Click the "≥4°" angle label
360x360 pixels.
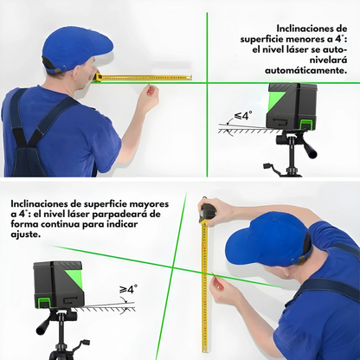click(128, 289)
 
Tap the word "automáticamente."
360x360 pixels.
click(305, 70)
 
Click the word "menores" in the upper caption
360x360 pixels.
click(306, 40)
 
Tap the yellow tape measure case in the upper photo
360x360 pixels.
click(98, 77)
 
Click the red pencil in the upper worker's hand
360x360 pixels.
click(151, 90)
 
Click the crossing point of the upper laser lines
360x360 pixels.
click(207, 83)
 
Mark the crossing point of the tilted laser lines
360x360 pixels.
click(172, 267)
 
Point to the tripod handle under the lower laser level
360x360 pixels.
click(46, 324)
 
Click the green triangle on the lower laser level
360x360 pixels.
click(74, 277)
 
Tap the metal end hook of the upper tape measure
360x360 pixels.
click(190, 77)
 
